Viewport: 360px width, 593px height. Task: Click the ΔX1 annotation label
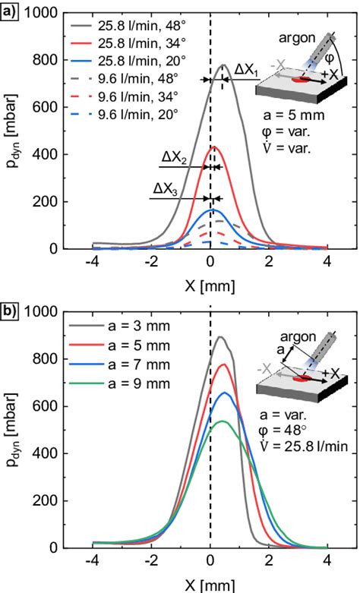click(245, 69)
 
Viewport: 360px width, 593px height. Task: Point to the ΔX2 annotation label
click(174, 158)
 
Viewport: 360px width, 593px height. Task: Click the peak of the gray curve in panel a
click(223, 65)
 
